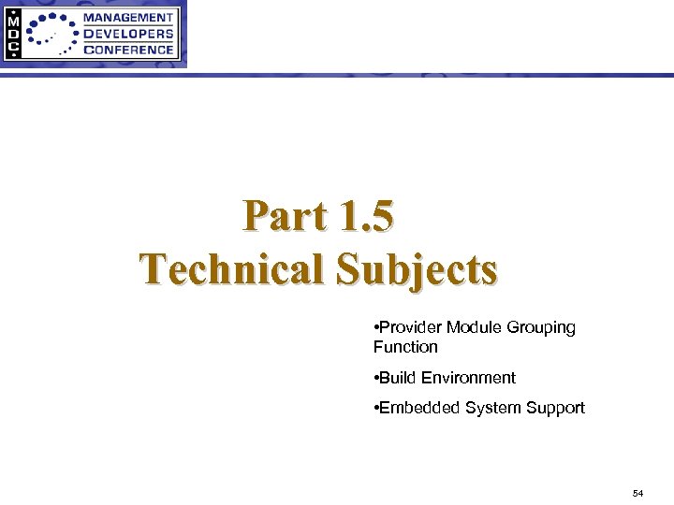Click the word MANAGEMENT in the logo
128,17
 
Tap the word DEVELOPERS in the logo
128,34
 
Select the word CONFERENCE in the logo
128,50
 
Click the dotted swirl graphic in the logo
52,35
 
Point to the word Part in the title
285,217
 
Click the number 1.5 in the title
368,217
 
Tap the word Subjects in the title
417,269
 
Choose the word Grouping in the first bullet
541,328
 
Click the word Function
405,347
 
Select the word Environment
468,378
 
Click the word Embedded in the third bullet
415,408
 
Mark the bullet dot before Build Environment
374,378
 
